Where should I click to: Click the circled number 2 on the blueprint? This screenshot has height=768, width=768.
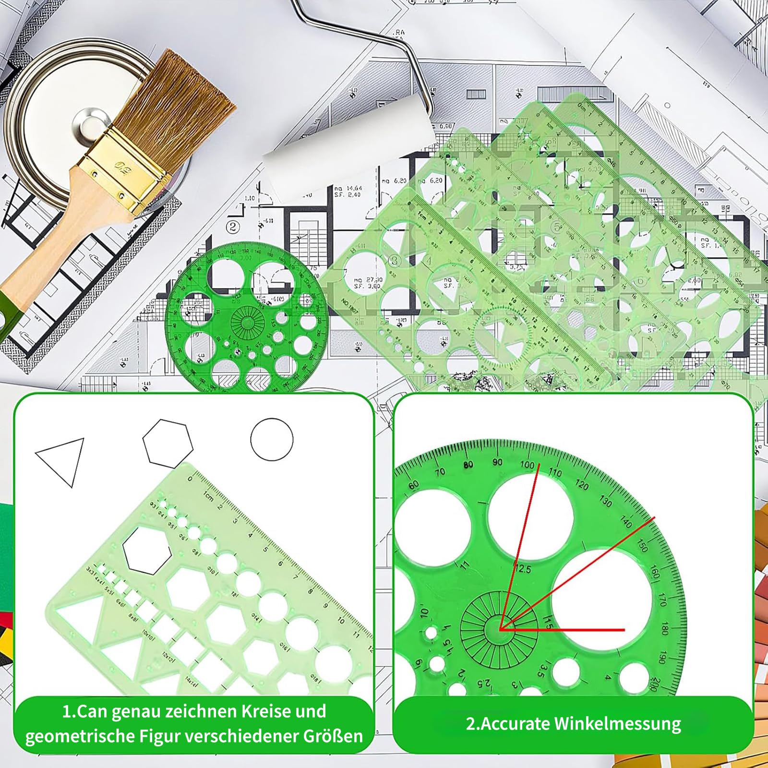(233, 226)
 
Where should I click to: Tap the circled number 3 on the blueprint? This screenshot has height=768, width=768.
(395, 260)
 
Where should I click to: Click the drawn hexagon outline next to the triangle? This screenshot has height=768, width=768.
(168, 443)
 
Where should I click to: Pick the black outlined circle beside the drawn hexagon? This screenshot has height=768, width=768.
(272, 439)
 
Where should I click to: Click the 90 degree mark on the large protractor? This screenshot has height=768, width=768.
(498, 462)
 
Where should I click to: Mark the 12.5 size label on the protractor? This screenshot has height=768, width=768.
(522, 569)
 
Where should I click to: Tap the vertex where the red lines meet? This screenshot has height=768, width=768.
(500, 629)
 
